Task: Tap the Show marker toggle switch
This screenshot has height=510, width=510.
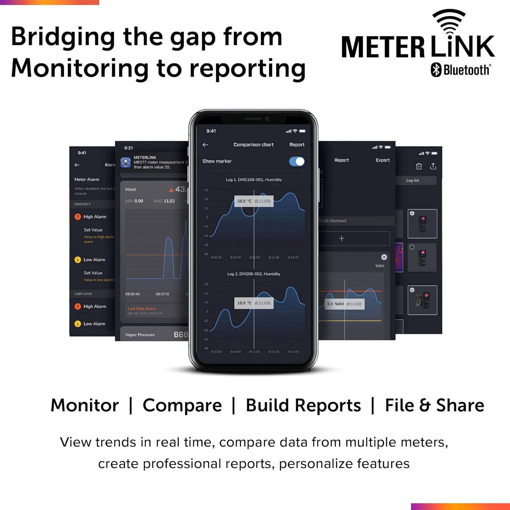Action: tap(297, 161)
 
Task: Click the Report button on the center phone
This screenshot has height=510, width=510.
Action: tap(297, 144)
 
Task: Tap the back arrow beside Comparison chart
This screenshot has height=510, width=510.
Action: tap(205, 144)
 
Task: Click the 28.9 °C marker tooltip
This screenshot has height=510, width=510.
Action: tap(254, 201)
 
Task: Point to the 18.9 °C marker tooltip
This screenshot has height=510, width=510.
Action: tap(254, 303)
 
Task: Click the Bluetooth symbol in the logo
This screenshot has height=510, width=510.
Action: tap(436, 70)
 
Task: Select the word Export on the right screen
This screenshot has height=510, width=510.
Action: tap(382, 160)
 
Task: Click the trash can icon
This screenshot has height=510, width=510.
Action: tap(419, 166)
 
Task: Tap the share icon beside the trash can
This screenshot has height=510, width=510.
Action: tap(433, 166)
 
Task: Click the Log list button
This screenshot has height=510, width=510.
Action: tap(413, 181)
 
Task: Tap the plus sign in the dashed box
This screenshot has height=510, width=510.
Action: tap(342, 238)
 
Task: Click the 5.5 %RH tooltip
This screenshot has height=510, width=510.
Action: tap(344, 304)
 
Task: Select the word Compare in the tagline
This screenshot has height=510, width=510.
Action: tap(182, 405)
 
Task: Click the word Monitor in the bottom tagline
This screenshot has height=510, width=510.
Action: tap(85, 405)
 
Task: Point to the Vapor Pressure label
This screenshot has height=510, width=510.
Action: tap(140, 335)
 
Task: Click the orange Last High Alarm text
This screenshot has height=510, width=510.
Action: tap(142, 309)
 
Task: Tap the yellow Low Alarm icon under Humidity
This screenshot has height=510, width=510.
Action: tap(78, 260)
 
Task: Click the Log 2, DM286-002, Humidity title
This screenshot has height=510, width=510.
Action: tap(254, 274)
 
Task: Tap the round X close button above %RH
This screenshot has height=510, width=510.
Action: tap(384, 257)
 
